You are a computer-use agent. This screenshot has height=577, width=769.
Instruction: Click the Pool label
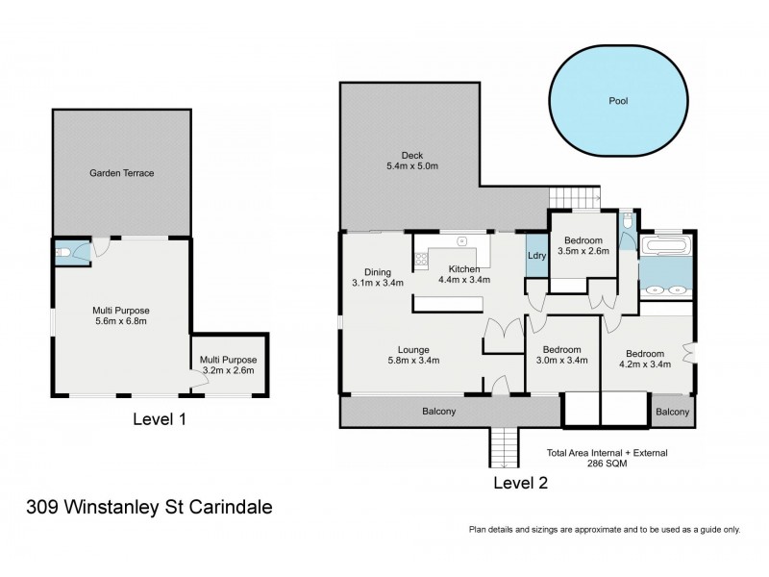[618, 100]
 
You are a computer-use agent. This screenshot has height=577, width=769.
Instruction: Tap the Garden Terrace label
[122, 173]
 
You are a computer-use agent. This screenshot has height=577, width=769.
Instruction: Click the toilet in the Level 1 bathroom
[62, 252]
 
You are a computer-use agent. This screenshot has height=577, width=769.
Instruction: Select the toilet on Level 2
[627, 222]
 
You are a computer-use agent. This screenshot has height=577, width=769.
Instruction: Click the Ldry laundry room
[535, 256]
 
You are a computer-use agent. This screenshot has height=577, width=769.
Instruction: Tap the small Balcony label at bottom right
[673, 412]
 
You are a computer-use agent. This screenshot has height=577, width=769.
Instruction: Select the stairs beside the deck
[574, 198]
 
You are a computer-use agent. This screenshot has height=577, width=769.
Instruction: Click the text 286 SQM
[607, 463]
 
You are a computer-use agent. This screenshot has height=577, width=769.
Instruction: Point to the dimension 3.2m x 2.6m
[228, 370]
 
